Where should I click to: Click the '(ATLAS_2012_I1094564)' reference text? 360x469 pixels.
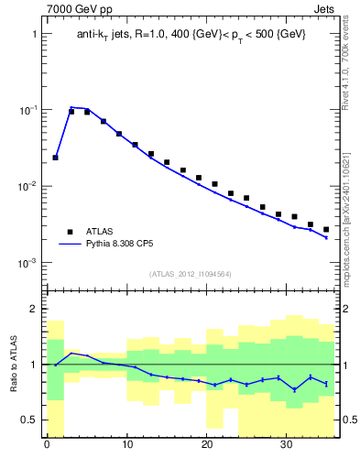point(191,274)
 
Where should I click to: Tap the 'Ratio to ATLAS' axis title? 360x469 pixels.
point(15,364)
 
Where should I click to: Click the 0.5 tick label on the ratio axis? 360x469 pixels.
point(29,420)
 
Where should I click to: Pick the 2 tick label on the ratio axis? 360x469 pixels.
point(34,309)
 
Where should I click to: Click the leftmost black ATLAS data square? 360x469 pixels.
point(55,158)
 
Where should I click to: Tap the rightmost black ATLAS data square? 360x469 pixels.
point(326,229)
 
